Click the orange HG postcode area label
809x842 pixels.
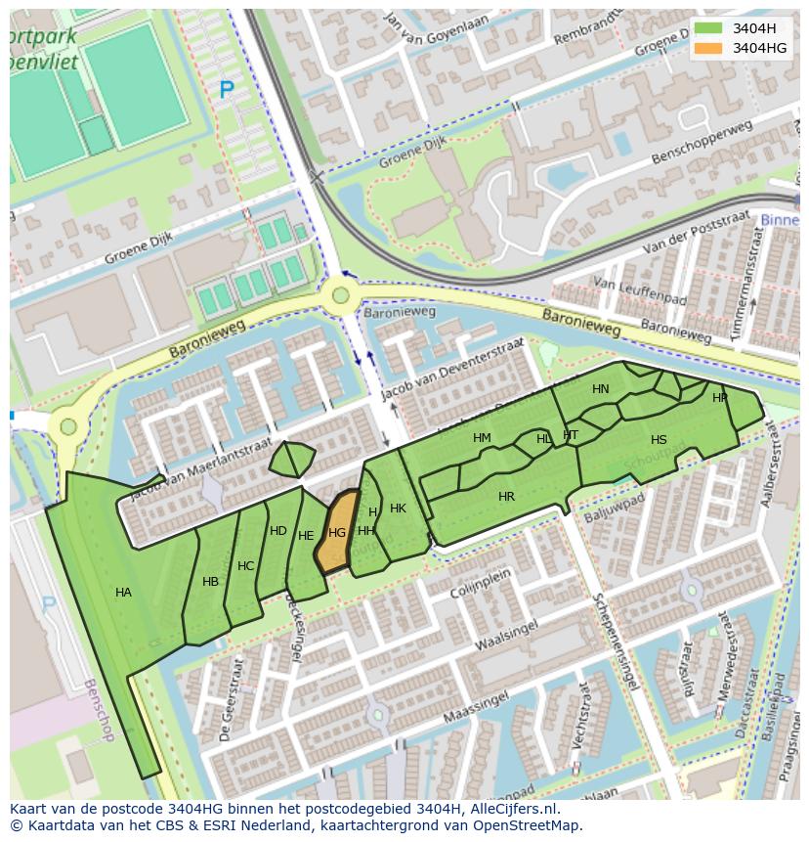click(x=337, y=533)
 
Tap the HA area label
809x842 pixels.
click(x=123, y=593)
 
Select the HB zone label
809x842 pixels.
click(x=210, y=582)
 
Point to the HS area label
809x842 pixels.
click(x=659, y=440)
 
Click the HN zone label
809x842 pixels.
click(x=600, y=389)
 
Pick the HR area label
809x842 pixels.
click(x=506, y=497)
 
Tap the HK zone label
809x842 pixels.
click(x=398, y=509)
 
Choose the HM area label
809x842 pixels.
click(x=482, y=438)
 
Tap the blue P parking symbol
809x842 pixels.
click(x=227, y=91)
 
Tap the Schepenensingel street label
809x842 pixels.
click(x=615, y=642)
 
